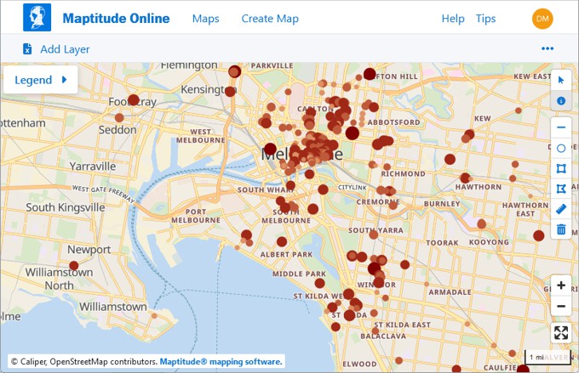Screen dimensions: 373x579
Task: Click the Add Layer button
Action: (x=56, y=49)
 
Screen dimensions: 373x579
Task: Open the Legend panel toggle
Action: (x=41, y=80)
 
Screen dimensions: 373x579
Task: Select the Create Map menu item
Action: (x=270, y=19)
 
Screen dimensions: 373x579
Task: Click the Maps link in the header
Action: (x=206, y=19)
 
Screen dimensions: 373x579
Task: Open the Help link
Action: (x=453, y=19)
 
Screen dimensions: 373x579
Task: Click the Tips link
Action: (x=485, y=19)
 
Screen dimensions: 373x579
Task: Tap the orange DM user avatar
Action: (x=542, y=19)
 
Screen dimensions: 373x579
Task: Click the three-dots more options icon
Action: (x=547, y=48)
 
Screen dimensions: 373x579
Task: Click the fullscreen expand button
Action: (x=560, y=333)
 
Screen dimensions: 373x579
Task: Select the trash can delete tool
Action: (x=561, y=229)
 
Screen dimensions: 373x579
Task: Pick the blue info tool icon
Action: (x=561, y=101)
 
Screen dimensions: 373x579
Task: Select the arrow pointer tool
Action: (x=561, y=81)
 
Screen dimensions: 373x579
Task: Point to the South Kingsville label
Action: (x=65, y=207)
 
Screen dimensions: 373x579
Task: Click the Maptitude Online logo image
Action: (x=37, y=17)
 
